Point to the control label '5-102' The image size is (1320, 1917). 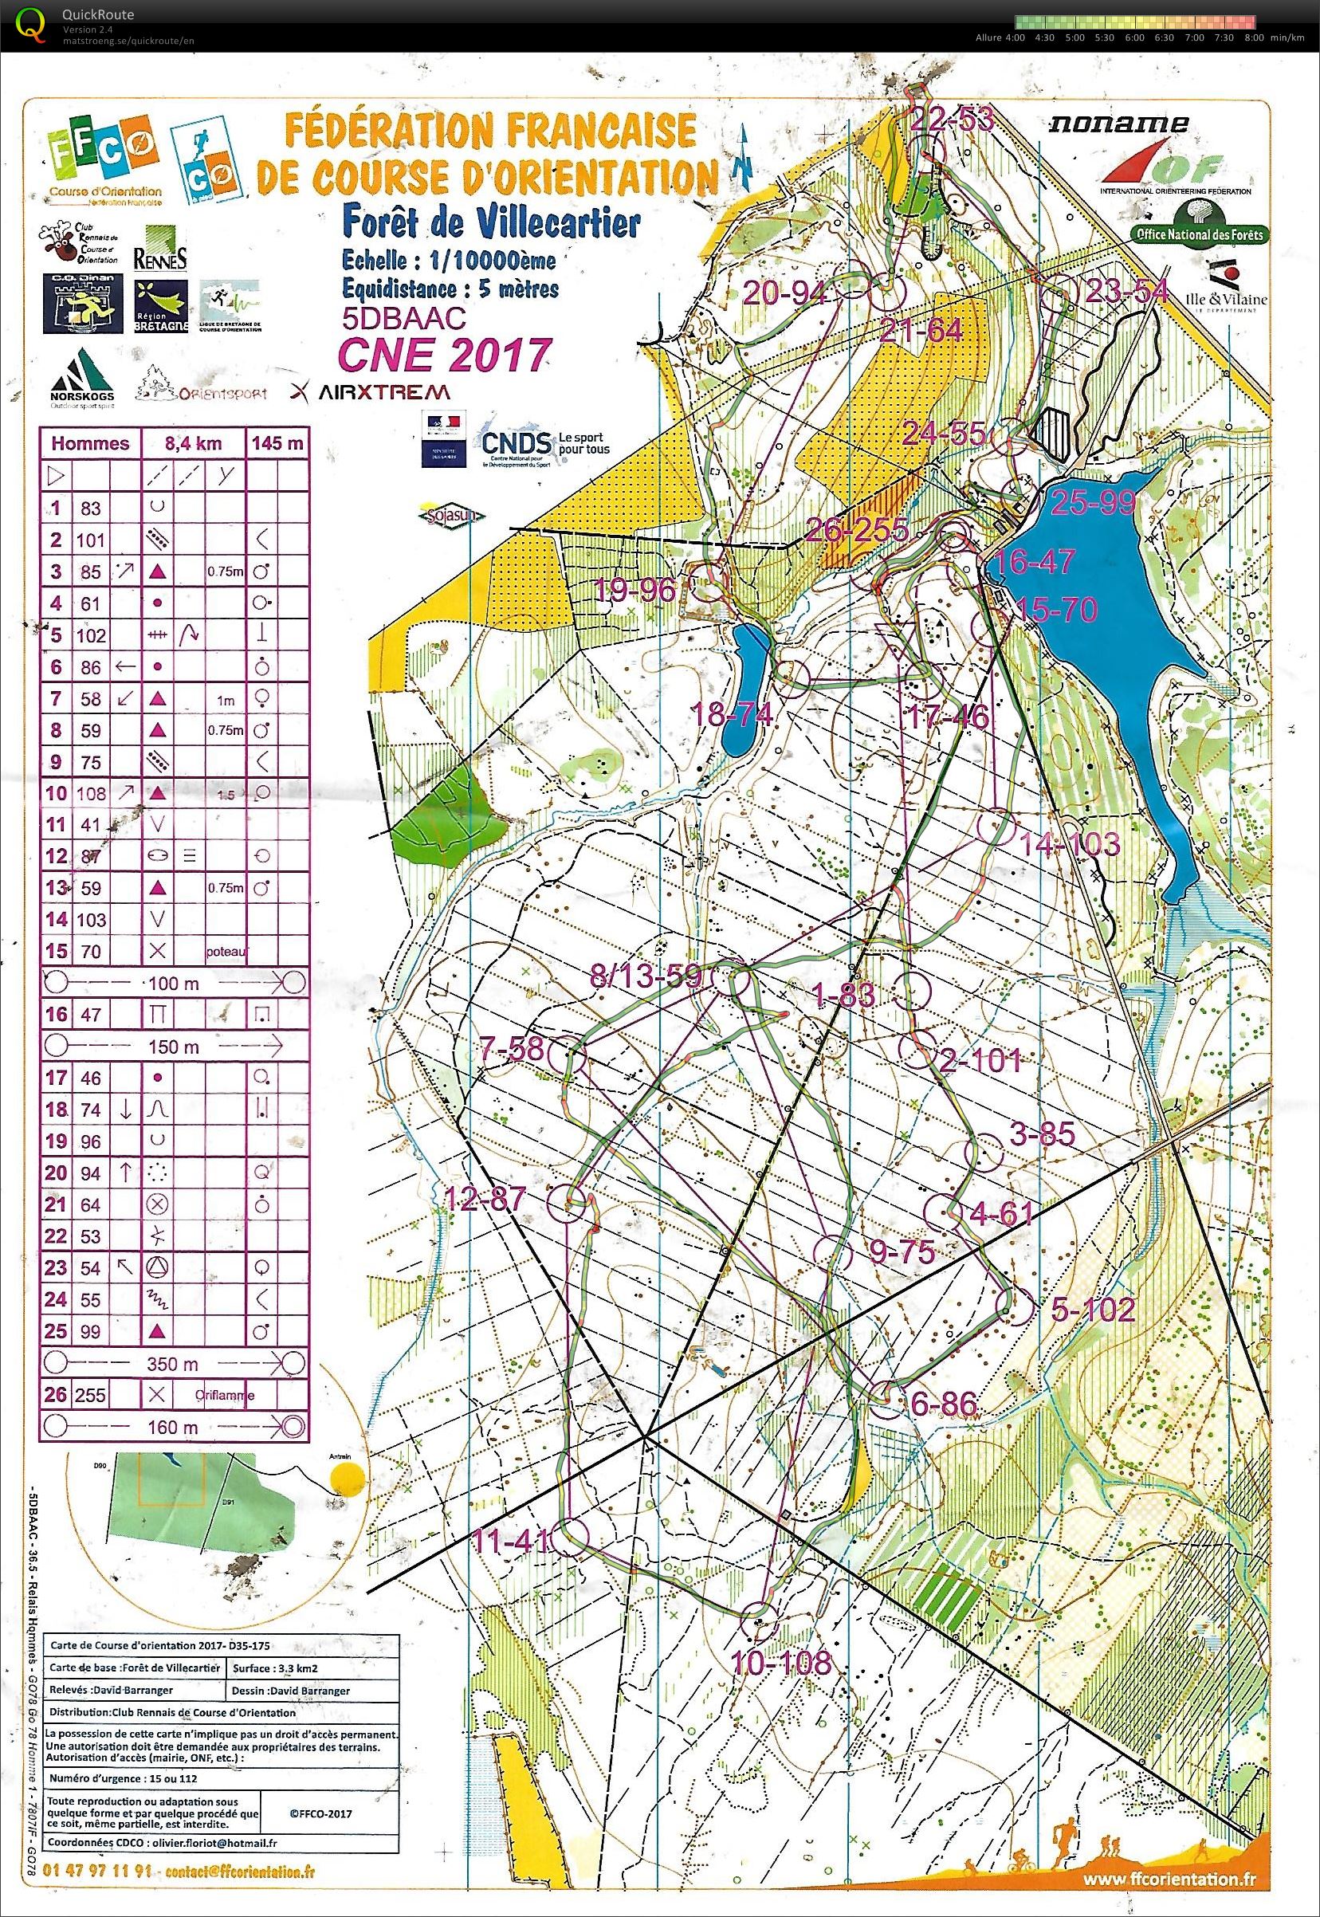(1093, 1310)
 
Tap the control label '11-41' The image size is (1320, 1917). (511, 1541)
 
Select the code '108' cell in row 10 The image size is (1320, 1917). (91, 793)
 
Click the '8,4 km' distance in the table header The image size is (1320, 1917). (194, 443)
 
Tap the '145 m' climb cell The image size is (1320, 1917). (277, 443)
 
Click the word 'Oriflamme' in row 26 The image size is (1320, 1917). (225, 1396)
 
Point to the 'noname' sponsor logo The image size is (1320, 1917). (1118, 125)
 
